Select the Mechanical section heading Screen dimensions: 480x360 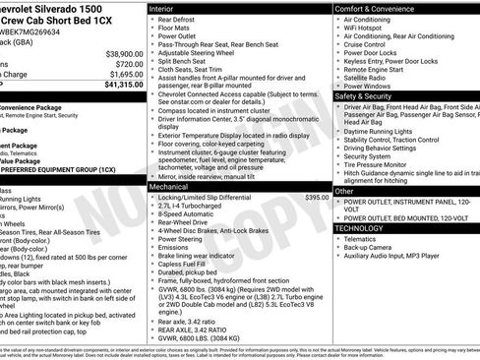tap(173, 185)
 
